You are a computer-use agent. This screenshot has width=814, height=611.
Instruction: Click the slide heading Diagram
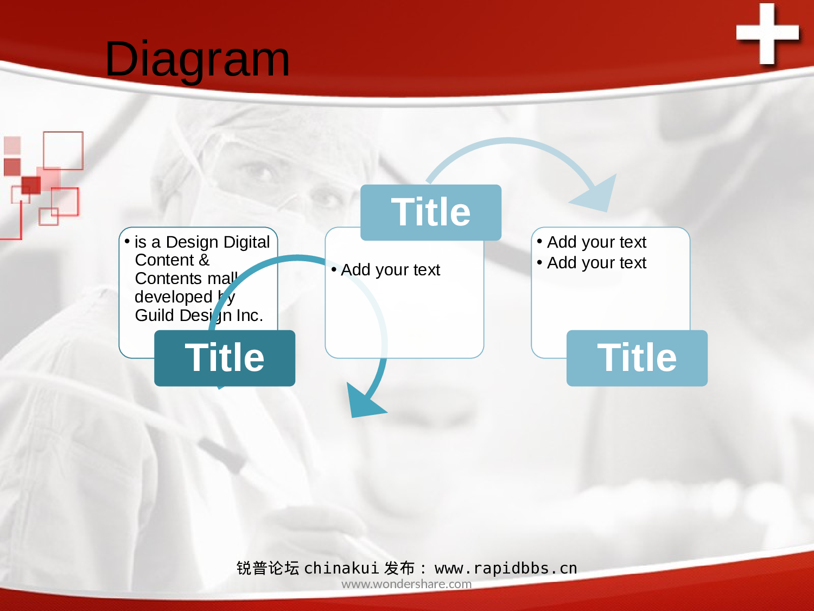197,59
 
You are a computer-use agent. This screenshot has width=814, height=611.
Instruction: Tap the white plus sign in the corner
767,33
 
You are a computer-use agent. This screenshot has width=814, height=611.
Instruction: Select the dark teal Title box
225,358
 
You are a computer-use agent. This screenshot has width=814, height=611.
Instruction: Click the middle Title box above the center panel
431,212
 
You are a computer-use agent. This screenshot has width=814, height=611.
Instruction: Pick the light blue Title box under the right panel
637,358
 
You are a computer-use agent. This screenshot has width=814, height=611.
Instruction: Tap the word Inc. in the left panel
250,316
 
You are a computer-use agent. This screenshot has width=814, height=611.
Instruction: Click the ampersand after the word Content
204,260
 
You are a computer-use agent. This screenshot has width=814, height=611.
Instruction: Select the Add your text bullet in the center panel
391,270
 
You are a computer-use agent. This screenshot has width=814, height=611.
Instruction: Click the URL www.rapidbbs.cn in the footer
506,568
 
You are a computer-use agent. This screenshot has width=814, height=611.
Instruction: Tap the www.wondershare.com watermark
406,584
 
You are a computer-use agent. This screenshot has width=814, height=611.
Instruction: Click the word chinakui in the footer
341,568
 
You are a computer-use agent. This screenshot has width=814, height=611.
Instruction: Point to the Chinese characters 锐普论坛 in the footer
268,568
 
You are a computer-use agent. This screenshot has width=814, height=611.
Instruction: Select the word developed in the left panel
174,297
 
